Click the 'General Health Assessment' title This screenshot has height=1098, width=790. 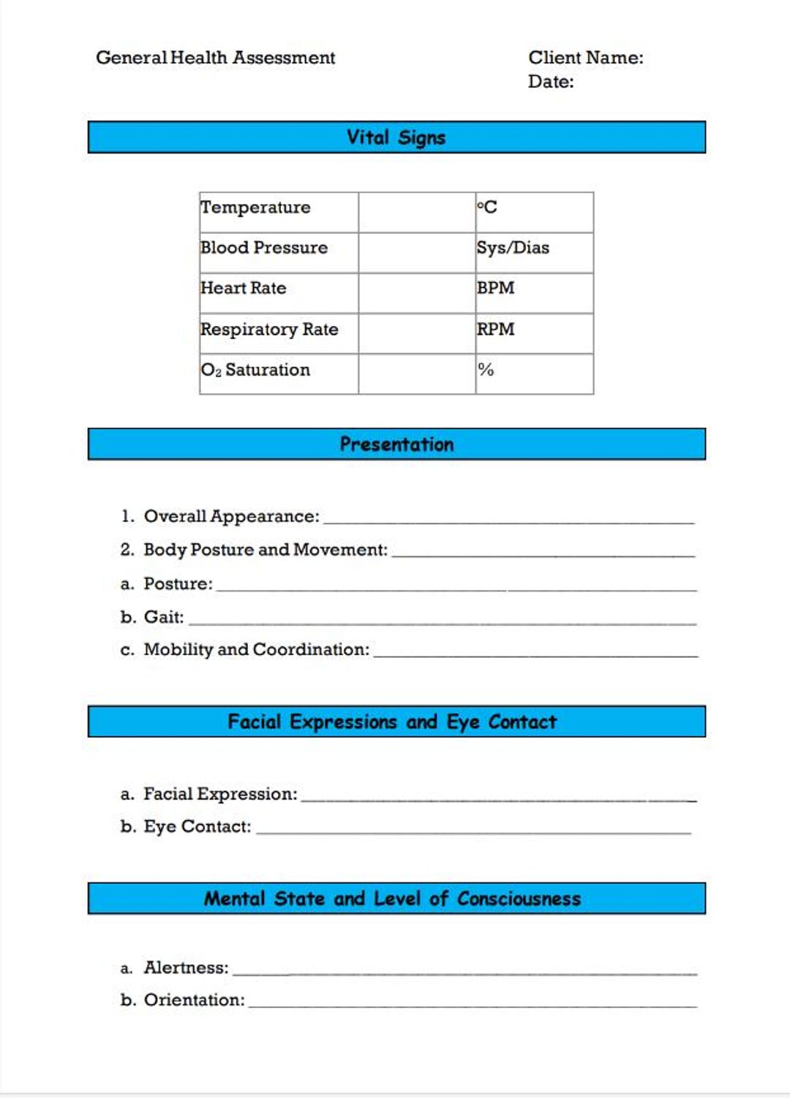coord(215,58)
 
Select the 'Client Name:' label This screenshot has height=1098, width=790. coord(585,58)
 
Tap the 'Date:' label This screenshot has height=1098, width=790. coord(551,82)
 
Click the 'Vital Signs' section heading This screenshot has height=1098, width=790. coord(396,137)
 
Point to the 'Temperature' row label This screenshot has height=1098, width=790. coord(255,208)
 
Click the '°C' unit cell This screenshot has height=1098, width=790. coord(487,208)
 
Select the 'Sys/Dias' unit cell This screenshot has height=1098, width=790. coord(512,248)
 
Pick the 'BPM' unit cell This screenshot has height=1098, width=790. coord(495,288)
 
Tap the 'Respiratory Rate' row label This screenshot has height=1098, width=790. coord(269,330)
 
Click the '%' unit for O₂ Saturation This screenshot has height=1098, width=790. coord(486,370)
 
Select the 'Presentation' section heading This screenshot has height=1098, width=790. coord(396,444)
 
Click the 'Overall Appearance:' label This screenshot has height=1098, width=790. coord(231,517)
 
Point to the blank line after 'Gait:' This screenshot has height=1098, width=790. coord(442,621)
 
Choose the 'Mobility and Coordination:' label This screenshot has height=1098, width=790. coord(256,650)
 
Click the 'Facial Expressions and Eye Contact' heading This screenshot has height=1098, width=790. coord(392,722)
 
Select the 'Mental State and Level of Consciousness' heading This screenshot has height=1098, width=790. coord(392,898)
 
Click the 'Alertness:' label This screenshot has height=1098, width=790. coord(186,968)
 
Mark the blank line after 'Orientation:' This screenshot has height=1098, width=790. coord(472,1004)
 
